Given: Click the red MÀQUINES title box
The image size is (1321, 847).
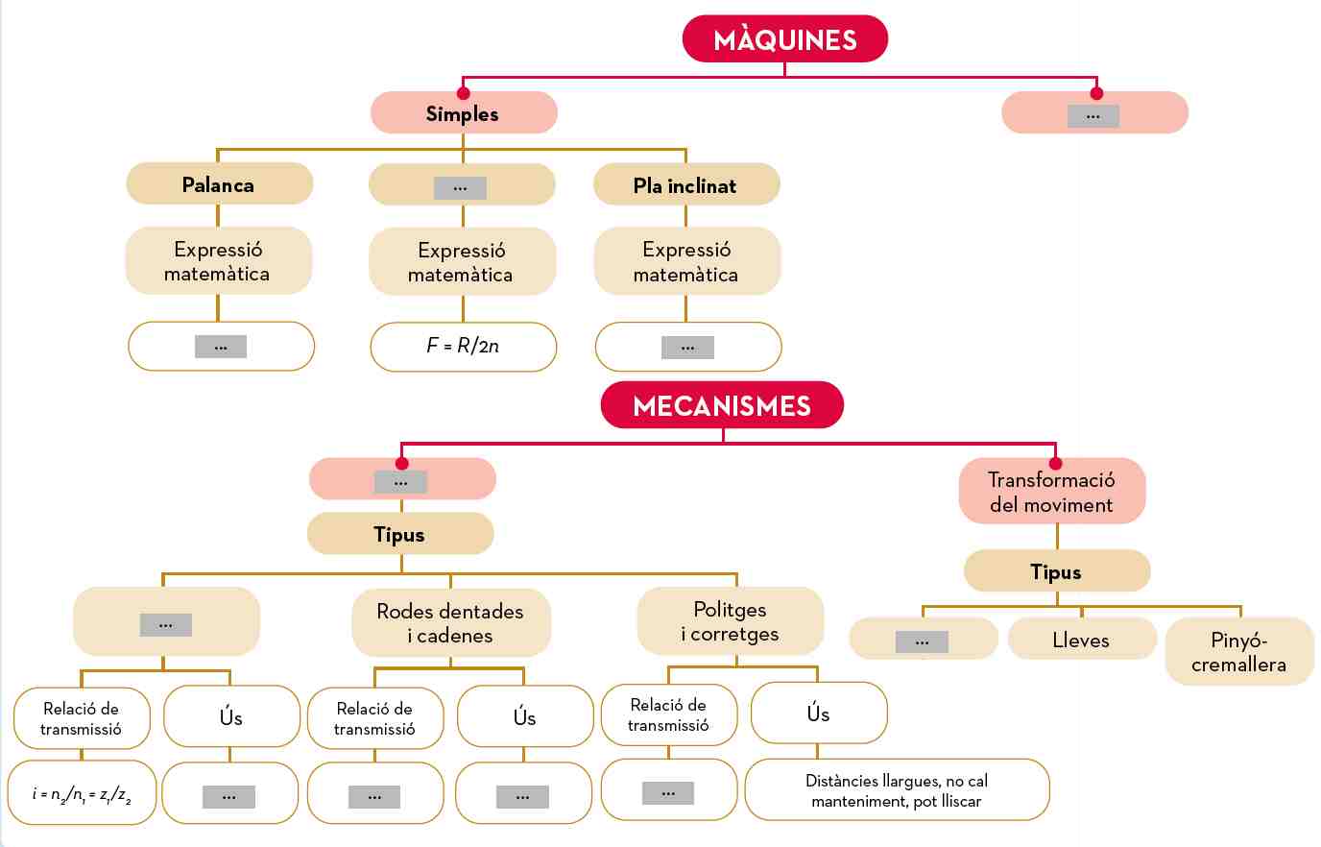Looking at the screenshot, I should tap(784, 39).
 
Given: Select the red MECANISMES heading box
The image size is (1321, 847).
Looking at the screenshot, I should tap(722, 405).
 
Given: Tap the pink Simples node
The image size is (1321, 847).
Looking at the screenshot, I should tap(463, 113).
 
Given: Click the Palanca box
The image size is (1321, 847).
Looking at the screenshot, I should tap(219, 184).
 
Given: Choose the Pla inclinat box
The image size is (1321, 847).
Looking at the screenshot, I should tap(685, 185).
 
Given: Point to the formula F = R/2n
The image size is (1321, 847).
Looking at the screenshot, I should tap(463, 346).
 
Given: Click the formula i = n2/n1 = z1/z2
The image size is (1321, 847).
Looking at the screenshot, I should tap(83, 793).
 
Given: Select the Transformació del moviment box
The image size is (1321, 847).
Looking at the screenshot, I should tap(1051, 492).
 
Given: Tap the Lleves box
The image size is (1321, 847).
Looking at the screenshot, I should tap(1081, 640).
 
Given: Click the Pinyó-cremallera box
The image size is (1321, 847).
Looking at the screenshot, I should tap(1238, 652).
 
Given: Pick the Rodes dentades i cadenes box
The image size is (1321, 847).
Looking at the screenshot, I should tap(450, 623).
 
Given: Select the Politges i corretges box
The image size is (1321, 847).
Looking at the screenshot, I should tap(730, 621).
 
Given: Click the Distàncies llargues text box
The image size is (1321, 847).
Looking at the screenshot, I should tap(897, 790).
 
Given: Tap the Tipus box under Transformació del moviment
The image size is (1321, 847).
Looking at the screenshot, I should tap(1056, 571).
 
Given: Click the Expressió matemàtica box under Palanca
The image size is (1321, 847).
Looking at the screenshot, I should tap(218, 261).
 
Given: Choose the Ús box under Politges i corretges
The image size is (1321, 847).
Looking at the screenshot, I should tap(818, 714).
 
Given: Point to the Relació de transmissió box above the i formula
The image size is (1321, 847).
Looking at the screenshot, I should tap(82, 718).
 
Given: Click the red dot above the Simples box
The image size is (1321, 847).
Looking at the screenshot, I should tap(463, 93).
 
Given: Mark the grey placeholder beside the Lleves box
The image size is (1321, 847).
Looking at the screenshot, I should tap(922, 641).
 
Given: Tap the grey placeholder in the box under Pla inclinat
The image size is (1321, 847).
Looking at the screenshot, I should tap(687, 347).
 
